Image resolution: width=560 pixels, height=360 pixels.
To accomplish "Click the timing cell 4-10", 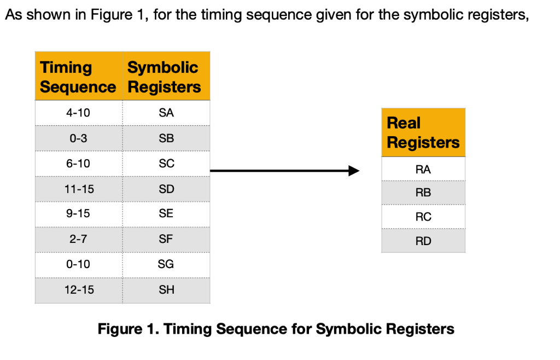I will [78, 113].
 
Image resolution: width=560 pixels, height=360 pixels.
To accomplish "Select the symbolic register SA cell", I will [166, 113].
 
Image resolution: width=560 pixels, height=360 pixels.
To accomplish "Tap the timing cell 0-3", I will [78, 138].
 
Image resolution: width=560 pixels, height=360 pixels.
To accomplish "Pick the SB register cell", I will [166, 138].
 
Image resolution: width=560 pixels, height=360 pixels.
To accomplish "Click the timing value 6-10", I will [78, 164].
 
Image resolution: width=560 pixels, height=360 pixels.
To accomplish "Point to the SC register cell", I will [166, 164].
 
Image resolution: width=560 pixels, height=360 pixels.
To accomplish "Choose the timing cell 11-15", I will [78, 189].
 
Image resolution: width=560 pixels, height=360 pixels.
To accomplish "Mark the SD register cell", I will [166, 189].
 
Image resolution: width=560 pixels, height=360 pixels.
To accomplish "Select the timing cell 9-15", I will [78, 214].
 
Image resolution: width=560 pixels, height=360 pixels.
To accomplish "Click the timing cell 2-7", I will [78, 239].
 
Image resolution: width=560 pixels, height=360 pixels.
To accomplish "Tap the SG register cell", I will [166, 264].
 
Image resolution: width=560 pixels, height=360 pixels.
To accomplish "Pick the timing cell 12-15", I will [78, 289].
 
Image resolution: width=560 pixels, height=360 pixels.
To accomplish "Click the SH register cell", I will [166, 289].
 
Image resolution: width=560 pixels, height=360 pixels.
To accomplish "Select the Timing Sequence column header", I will [78, 77].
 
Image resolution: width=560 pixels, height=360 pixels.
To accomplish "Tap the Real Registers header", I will [423, 132].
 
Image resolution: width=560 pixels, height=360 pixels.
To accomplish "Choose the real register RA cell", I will [423, 169].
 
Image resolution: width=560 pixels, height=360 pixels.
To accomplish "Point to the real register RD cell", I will [423, 241].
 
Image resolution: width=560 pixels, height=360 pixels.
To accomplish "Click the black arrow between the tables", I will [284, 171].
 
